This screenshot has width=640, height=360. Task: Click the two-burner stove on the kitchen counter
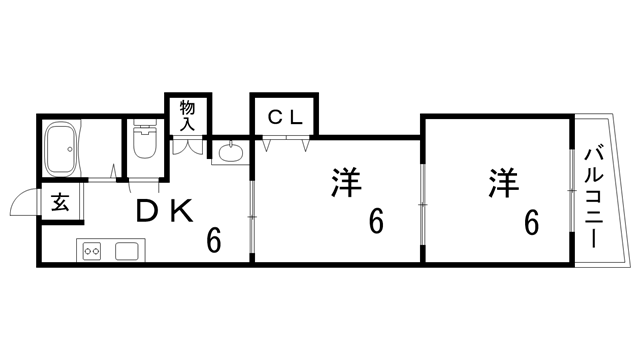[x=93, y=250]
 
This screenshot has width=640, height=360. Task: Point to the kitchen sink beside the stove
[x=127, y=250]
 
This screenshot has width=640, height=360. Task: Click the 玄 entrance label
[x=60, y=203]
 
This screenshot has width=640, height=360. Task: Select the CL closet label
[x=285, y=117]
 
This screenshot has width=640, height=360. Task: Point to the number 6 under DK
[x=213, y=240]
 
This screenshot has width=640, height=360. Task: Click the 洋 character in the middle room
[x=345, y=184]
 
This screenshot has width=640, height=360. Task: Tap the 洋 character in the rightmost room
[x=504, y=184]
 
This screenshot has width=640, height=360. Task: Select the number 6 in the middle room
[x=376, y=221]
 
